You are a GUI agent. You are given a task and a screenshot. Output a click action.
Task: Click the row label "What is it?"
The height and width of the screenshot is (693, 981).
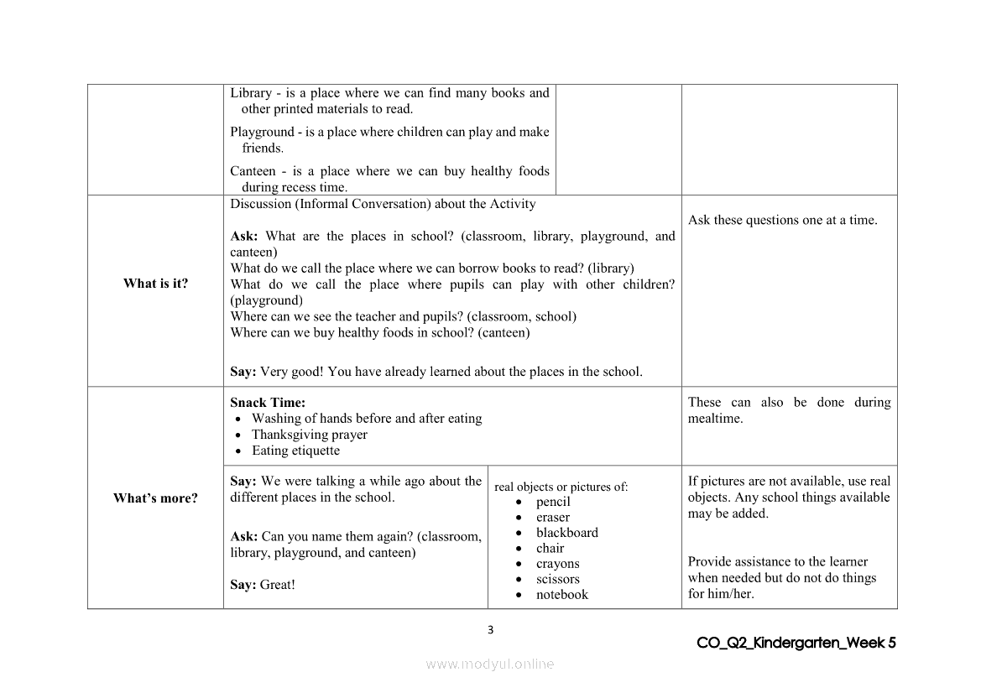click(x=155, y=284)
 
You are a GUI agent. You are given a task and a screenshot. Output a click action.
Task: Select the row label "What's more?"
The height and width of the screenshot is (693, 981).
click(x=155, y=498)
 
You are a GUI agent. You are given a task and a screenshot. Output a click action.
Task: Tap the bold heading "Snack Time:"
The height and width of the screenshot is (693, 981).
click(x=268, y=403)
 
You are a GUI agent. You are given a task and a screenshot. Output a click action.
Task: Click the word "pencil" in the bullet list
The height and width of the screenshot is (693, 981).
click(x=553, y=502)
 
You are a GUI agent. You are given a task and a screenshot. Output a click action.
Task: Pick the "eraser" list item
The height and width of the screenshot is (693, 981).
click(x=553, y=518)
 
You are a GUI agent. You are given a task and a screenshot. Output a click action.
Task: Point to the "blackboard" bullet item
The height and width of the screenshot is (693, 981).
click(x=567, y=533)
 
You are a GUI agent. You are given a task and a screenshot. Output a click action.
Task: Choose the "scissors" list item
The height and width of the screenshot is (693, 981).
click(x=558, y=579)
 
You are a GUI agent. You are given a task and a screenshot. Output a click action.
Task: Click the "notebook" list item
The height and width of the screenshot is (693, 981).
click(x=562, y=595)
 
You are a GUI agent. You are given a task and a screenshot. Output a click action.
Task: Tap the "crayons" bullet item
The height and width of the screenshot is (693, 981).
click(x=558, y=564)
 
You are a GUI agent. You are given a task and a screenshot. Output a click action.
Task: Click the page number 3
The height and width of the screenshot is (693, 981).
click(x=491, y=631)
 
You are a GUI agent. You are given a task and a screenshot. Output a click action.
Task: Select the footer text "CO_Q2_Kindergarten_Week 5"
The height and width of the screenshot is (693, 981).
click(x=796, y=643)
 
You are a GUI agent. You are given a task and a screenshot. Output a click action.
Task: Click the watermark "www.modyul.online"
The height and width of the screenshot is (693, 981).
click(x=490, y=664)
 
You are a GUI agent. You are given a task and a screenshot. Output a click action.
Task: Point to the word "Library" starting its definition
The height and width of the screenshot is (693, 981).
click(x=251, y=93)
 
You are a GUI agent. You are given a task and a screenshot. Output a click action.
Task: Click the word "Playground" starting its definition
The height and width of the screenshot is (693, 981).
click(x=262, y=132)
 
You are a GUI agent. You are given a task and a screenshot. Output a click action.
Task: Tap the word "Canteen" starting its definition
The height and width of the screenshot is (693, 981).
click(x=253, y=171)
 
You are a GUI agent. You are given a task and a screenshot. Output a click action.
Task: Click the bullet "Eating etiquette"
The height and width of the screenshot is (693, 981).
click(x=295, y=451)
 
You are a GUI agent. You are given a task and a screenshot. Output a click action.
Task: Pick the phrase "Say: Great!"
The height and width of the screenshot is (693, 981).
click(x=263, y=585)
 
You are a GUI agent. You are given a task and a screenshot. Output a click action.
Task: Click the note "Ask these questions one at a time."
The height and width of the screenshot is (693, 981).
click(x=782, y=221)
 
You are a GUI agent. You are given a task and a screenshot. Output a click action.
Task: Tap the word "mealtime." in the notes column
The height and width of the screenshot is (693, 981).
click(x=715, y=419)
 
